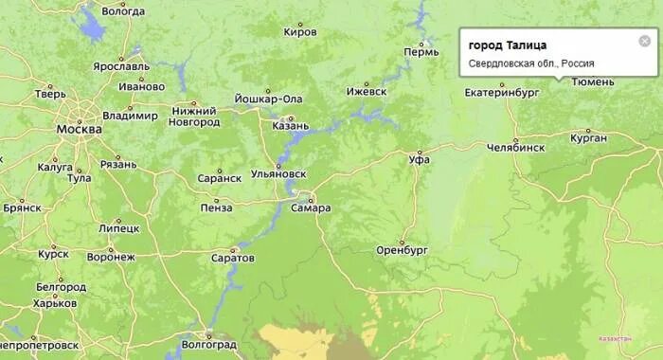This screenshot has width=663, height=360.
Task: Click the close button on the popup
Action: (x=645, y=41)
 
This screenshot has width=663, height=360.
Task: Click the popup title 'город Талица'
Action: (x=507, y=45)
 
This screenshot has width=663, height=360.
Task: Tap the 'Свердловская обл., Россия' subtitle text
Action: (x=531, y=63)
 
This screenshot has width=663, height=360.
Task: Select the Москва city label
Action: (x=79, y=130)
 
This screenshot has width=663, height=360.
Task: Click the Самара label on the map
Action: (x=311, y=207)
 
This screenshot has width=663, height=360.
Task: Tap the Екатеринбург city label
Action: (x=502, y=93)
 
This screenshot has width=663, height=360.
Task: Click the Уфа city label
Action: (x=419, y=159)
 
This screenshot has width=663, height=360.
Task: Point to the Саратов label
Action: (x=233, y=258)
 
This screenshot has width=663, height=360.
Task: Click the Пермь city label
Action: (x=421, y=50)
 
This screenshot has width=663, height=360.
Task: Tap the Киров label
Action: (x=300, y=31)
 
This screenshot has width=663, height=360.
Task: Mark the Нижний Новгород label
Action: (x=193, y=117)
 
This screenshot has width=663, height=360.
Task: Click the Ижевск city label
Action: (x=367, y=92)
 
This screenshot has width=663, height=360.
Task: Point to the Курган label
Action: (x=588, y=138)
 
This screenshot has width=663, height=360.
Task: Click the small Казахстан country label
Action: (x=616, y=338)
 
